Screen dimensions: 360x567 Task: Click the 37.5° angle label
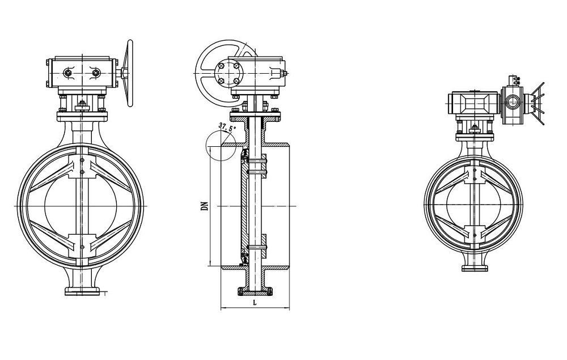226,128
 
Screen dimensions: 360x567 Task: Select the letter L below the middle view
256,302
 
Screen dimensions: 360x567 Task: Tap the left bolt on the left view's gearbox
69,73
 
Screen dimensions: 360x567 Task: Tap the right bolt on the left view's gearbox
95,73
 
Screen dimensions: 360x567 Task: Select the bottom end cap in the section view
256,292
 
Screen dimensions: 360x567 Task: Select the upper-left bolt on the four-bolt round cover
223,66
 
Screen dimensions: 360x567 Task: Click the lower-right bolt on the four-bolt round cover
236,82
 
